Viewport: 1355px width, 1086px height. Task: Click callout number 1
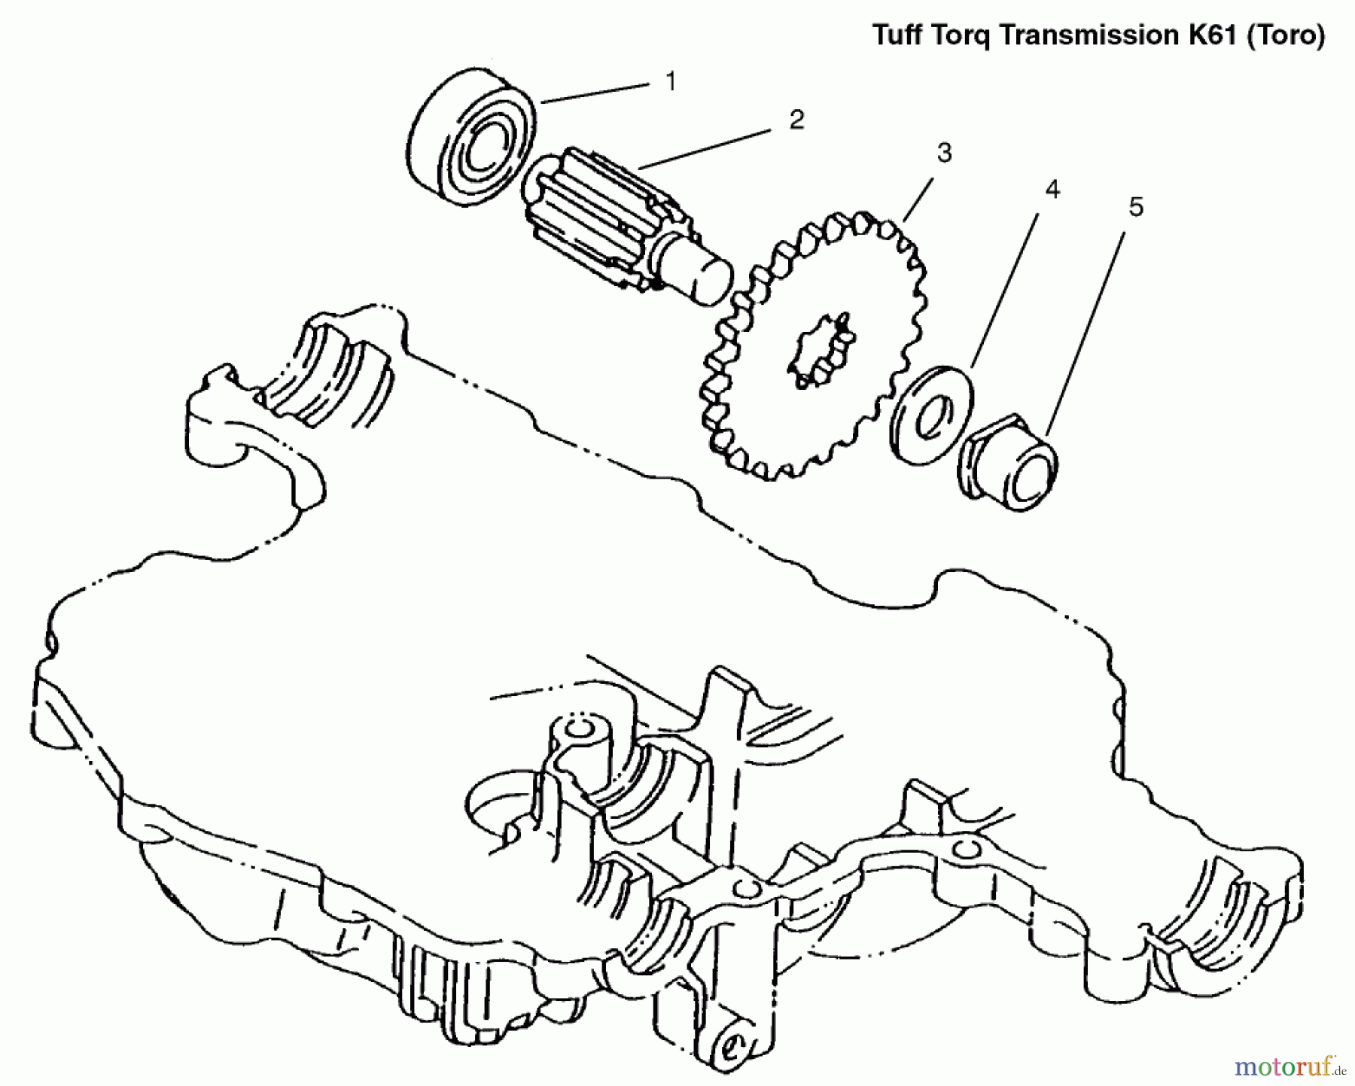click(x=671, y=81)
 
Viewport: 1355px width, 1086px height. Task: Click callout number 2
click(x=796, y=120)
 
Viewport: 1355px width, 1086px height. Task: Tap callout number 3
click(x=944, y=153)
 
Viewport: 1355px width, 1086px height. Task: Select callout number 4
click(x=1052, y=190)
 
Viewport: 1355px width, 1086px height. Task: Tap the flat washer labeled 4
click(x=932, y=414)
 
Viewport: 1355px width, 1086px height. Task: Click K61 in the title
click(x=1213, y=35)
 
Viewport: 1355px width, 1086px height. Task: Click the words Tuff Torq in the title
click(x=933, y=35)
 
